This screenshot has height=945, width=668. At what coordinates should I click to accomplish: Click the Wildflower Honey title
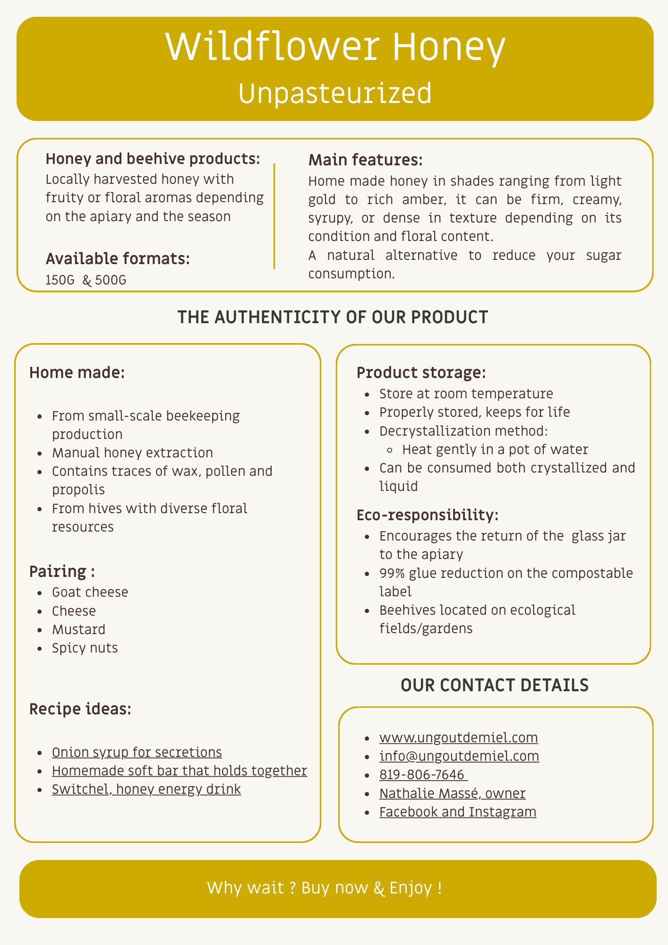point(335,48)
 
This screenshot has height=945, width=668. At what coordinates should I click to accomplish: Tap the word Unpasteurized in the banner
point(335,93)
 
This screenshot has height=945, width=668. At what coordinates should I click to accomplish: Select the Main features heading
point(365,160)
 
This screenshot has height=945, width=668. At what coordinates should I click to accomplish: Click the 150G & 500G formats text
point(86,280)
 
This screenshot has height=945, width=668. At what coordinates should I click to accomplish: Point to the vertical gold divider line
point(274,216)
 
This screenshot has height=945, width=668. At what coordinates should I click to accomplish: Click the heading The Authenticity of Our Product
point(333,317)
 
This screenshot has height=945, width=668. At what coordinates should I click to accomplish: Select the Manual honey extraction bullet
point(132,453)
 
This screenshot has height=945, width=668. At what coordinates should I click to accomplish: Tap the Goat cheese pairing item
point(90,592)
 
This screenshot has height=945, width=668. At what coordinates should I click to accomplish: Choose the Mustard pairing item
point(78,629)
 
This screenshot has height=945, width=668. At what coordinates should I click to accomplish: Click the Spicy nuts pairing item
point(85,648)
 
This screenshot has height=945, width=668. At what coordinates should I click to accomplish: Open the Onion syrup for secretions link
point(137,752)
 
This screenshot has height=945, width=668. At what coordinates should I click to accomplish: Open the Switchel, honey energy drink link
point(146,789)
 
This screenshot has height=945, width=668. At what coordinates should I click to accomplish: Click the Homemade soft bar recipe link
point(179,771)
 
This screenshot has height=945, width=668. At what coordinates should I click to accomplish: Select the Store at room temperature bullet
point(466,394)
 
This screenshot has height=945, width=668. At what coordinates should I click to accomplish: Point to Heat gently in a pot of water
point(495,449)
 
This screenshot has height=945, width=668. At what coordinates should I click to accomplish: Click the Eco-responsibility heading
point(427,515)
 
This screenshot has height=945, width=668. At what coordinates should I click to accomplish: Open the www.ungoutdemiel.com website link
point(458,738)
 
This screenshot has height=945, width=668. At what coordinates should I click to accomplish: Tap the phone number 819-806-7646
point(423,774)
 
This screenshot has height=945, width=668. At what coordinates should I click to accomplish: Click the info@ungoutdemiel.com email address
point(459,756)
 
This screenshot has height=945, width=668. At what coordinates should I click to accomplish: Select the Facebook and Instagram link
point(457,812)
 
